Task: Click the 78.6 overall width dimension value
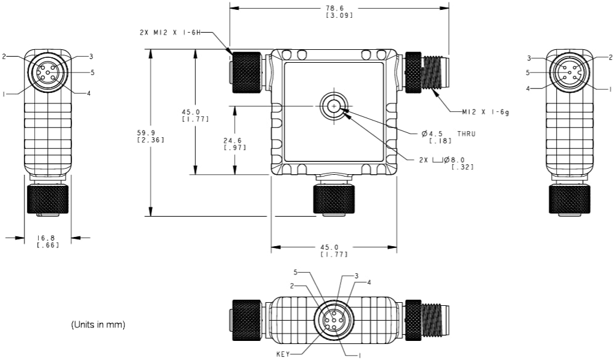point(339,7)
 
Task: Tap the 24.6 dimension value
point(235,140)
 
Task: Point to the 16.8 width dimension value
point(47,237)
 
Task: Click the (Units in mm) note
point(99,324)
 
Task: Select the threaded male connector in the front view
point(425,71)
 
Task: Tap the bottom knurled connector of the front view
point(333,198)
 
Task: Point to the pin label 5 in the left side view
point(92,72)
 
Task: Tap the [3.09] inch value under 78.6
point(339,15)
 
